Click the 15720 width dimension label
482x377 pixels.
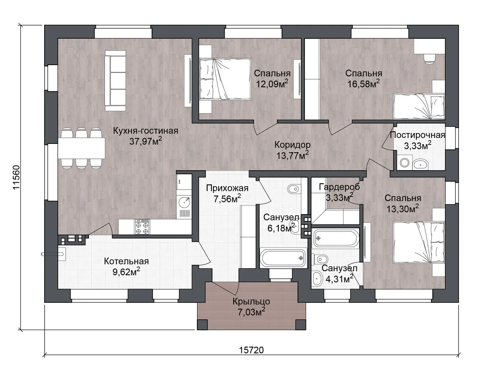click(x=251, y=350)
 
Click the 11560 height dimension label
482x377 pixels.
click(x=17, y=177)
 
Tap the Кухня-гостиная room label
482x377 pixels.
click(x=145, y=131)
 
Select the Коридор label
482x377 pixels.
click(x=292, y=145)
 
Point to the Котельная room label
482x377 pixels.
click(x=126, y=261)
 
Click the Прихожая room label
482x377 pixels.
click(x=227, y=188)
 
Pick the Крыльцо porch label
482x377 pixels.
click(x=251, y=302)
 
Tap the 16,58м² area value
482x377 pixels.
click(x=363, y=84)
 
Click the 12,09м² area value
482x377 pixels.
click(x=272, y=84)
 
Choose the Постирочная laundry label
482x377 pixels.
click(x=417, y=135)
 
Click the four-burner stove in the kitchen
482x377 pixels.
click(x=142, y=227)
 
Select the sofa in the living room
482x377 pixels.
click(x=115, y=81)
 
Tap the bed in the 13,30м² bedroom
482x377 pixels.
click(x=419, y=242)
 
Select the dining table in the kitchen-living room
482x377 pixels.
click(x=81, y=148)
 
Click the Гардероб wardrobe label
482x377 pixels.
click(x=339, y=187)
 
